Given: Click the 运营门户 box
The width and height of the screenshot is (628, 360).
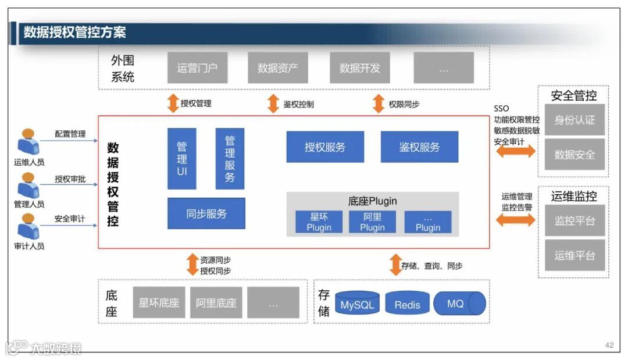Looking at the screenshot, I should [x=197, y=67].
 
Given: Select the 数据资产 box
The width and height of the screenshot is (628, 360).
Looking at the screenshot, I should [x=277, y=67].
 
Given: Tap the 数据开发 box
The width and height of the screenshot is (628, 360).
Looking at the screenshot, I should [x=359, y=67].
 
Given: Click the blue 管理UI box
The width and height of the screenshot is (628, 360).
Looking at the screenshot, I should [x=182, y=158].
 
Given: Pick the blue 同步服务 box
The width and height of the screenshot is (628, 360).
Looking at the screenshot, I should [x=206, y=213].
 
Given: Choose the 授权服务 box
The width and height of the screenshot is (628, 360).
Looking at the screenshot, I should [x=325, y=147].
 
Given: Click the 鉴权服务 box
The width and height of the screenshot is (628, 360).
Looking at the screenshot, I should [x=419, y=147].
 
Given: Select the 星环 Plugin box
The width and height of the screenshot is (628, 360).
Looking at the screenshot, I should [x=319, y=222].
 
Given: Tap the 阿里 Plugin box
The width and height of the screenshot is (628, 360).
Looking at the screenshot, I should [x=372, y=222].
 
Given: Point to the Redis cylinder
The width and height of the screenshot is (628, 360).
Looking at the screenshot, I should [x=407, y=304].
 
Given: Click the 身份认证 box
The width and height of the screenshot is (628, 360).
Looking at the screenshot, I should [x=575, y=120].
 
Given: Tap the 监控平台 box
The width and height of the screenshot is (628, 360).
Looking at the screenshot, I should [x=575, y=220].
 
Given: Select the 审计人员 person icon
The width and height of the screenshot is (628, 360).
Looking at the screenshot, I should [x=28, y=226].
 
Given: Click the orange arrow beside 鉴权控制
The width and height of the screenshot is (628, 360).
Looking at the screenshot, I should [x=273, y=104].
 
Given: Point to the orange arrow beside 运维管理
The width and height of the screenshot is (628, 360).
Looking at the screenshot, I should [x=515, y=220].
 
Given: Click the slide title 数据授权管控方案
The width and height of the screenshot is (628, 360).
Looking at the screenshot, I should [x=74, y=33].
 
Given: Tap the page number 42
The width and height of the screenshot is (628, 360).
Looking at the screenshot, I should [x=609, y=345].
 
